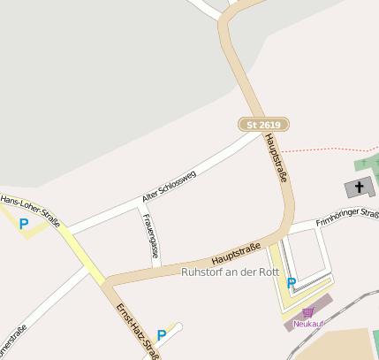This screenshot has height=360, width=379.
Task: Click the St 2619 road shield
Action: tap(264, 125)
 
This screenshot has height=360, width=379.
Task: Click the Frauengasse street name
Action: tap(152, 237)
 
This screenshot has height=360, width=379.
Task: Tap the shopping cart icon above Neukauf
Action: tap(307, 312)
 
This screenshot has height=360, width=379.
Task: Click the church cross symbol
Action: tap(359, 187)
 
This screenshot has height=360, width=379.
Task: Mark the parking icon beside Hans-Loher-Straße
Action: tap(24, 225)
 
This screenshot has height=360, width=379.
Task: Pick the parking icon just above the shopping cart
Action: tap(292, 283)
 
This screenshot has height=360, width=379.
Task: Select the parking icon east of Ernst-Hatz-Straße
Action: tap(161, 335)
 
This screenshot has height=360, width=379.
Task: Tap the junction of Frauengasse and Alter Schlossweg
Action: tap(142, 209)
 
